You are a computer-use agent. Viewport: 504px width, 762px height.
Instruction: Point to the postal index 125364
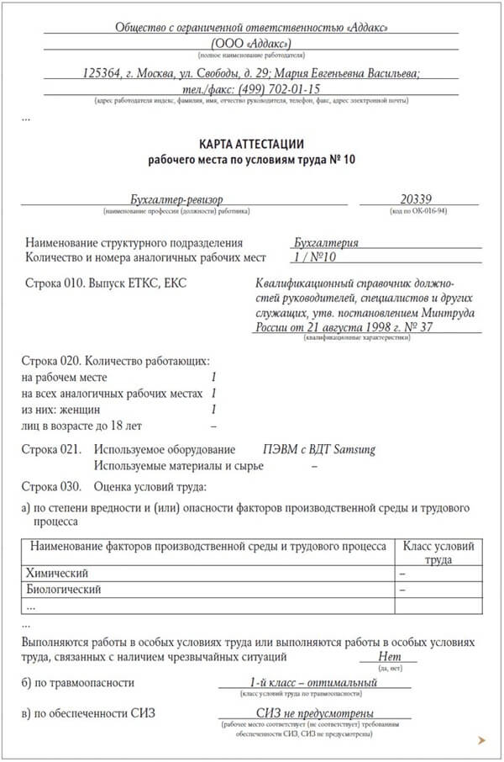pyautogui.click(x=107, y=73)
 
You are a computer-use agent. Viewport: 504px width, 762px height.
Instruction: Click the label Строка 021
pyautogui.click(x=54, y=449)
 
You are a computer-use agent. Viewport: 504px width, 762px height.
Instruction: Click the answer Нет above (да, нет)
pyautogui.click(x=390, y=656)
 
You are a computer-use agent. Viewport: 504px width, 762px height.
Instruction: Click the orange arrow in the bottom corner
pyautogui.click(x=480, y=740)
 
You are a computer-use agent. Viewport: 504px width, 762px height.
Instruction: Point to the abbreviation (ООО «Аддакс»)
pyautogui.click(x=250, y=43)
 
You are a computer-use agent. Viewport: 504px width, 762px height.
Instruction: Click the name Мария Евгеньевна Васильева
pyautogui.click(x=347, y=73)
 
